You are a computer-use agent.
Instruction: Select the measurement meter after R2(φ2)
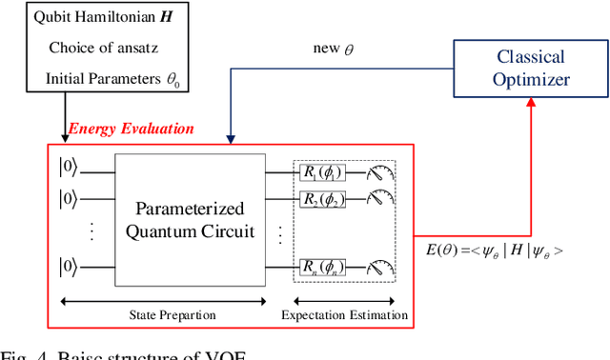pyautogui.click(x=381, y=199)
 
